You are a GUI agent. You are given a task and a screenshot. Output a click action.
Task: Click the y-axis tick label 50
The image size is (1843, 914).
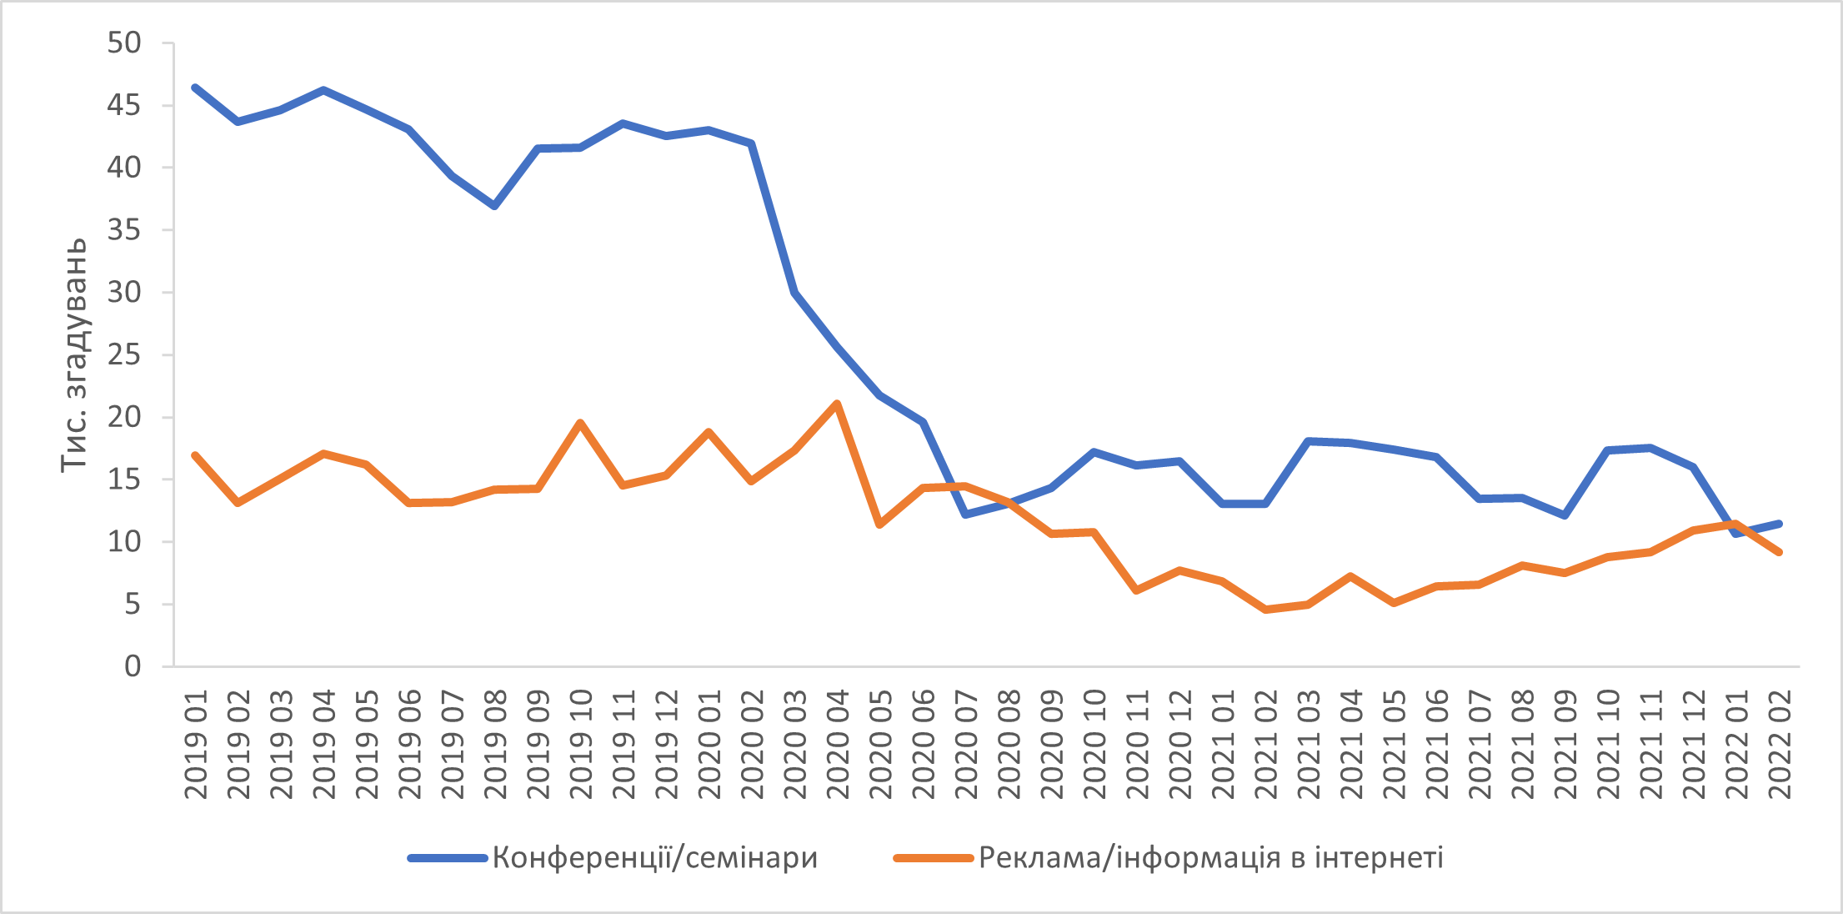[124, 43]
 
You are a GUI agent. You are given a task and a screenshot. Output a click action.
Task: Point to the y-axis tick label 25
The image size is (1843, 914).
[124, 355]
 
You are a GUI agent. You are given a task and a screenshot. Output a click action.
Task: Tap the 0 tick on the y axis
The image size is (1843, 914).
[133, 666]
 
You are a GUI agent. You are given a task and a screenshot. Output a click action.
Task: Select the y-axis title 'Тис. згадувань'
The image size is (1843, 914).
[73, 354]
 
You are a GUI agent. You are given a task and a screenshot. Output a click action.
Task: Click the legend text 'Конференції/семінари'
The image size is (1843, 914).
[654, 857]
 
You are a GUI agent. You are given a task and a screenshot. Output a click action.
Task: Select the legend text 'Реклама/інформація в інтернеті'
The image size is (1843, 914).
[1210, 857]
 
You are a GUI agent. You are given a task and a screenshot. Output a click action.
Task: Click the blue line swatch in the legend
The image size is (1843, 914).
[447, 858]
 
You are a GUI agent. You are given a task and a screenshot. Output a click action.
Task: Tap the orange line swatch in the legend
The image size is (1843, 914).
[933, 858]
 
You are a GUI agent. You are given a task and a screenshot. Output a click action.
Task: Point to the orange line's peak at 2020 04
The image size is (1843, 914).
[837, 404]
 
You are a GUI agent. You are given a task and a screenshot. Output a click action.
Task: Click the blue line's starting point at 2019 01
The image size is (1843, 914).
[195, 88]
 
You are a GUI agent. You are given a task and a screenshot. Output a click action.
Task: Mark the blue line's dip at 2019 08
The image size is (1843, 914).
[495, 205]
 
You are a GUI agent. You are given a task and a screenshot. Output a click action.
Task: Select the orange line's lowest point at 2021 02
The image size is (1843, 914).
[1266, 610]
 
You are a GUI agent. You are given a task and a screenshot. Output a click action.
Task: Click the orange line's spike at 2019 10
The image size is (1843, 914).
[580, 423]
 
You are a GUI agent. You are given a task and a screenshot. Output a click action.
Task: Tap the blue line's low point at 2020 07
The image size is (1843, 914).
[965, 515]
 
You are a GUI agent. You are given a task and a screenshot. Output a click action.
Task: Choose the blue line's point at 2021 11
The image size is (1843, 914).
[1650, 448]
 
